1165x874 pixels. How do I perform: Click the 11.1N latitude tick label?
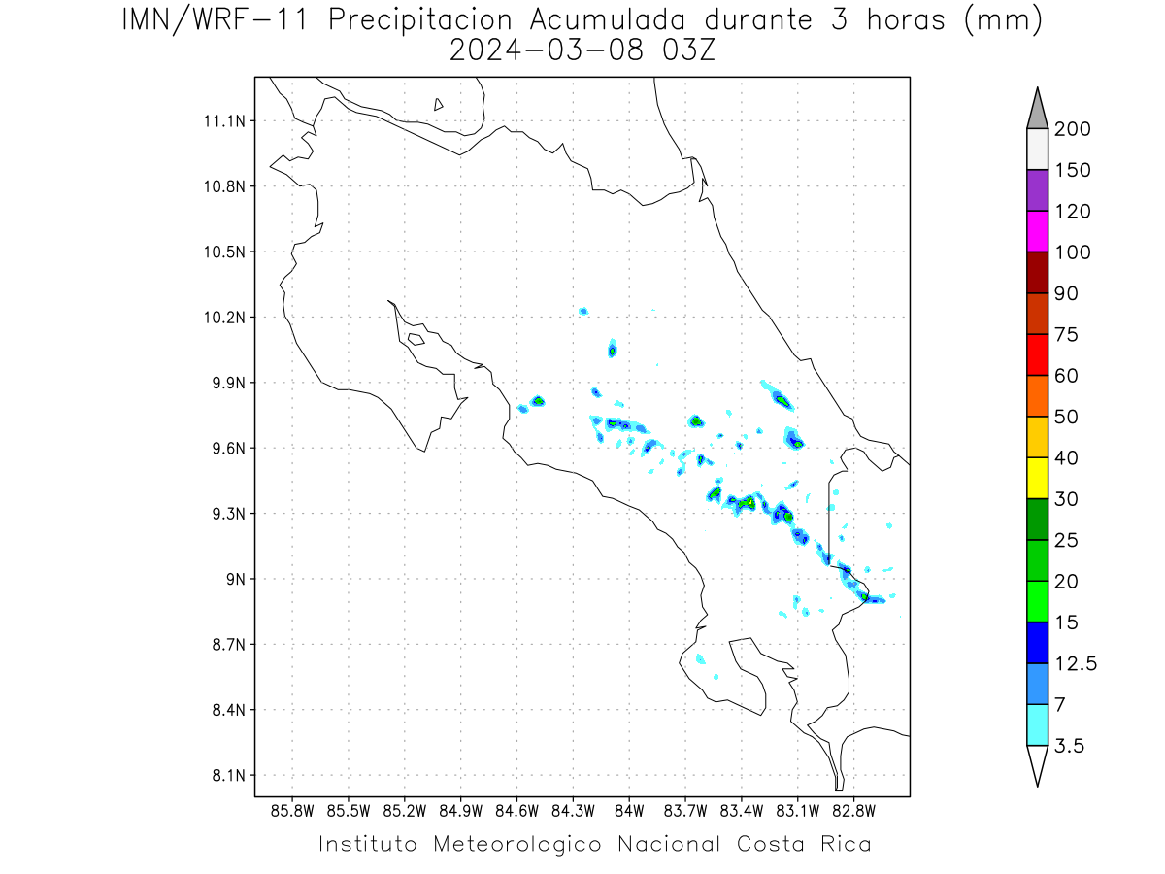(x=224, y=121)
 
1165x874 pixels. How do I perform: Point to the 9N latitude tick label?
(x=236, y=579)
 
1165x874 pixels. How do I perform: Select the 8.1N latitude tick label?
(x=229, y=775)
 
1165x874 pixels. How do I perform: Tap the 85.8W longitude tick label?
(x=292, y=811)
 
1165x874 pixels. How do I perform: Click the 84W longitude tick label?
(x=629, y=811)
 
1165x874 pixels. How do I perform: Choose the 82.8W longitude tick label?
(x=853, y=811)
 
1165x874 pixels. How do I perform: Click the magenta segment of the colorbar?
(x=1037, y=231)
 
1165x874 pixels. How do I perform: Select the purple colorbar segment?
(x=1037, y=190)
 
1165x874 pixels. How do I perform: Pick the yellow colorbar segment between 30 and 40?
(x=1037, y=478)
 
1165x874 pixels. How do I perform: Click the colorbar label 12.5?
(x=1076, y=664)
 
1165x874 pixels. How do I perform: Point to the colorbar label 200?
(x=1072, y=129)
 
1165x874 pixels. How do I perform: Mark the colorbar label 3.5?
(x=1069, y=746)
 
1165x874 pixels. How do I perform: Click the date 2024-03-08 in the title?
(x=547, y=50)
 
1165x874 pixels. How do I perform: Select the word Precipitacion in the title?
(x=419, y=20)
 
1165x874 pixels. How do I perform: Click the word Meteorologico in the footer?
(x=517, y=844)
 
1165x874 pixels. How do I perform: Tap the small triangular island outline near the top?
(x=438, y=104)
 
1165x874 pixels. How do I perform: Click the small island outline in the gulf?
(x=416, y=339)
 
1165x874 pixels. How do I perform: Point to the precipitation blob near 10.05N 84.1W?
(x=612, y=349)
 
